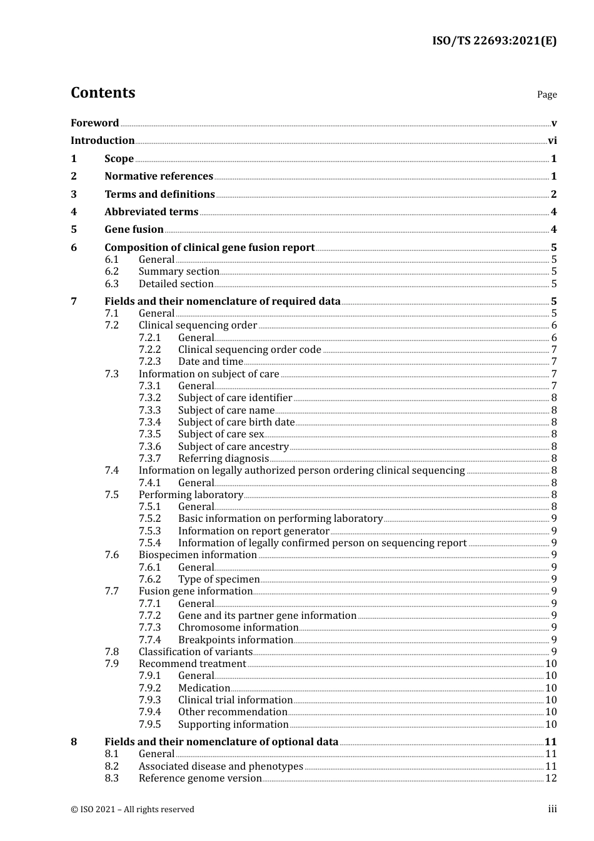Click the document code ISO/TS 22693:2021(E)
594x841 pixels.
pyautogui.click(x=494, y=41)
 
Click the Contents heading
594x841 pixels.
pyautogui.click(x=103, y=93)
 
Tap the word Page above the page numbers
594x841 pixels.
pyautogui.click(x=546, y=94)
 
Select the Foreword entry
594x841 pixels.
pyautogui.click(x=94, y=123)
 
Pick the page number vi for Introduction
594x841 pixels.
pyautogui.click(x=552, y=141)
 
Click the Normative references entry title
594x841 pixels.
pyautogui.click(x=159, y=176)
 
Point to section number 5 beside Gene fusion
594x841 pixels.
pyautogui.click(x=74, y=230)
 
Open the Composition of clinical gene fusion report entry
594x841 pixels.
pyautogui.click(x=209, y=248)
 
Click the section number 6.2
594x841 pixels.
pyautogui.click(x=111, y=272)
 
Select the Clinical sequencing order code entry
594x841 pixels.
pyautogui.click(x=249, y=350)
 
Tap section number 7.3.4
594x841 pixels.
pyautogui.click(x=149, y=422)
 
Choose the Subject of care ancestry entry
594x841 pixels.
pyautogui.click(x=233, y=447)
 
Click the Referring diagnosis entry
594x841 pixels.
pyautogui.click(x=223, y=459)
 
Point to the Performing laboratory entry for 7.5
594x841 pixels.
pyautogui.click(x=191, y=495)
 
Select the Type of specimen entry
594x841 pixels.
pyautogui.click(x=219, y=579)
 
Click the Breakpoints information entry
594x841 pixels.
pyautogui.click(x=235, y=640)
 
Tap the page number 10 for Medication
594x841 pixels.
pyautogui.click(x=550, y=688)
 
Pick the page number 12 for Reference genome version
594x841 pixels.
pyautogui.click(x=550, y=778)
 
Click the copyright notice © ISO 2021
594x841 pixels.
pyautogui.click(x=133, y=810)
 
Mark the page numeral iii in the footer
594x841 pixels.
pyautogui.click(x=552, y=810)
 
